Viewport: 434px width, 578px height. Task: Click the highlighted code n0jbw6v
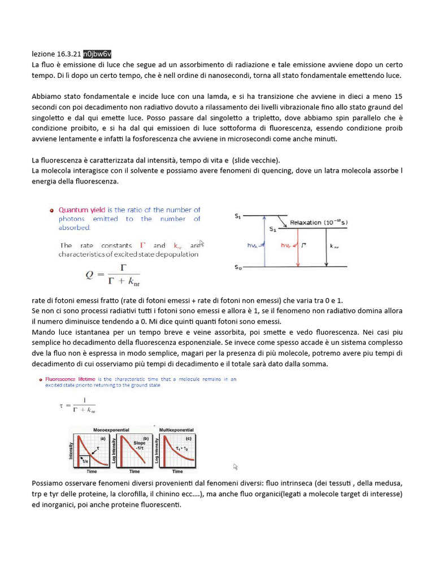[98, 54]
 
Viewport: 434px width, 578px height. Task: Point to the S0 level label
[238, 268]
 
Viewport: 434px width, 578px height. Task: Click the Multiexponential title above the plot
[177, 430]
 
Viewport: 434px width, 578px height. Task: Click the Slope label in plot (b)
[140, 443]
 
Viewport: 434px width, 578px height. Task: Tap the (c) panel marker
[188, 439]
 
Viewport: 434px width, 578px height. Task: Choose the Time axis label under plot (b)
[135, 471]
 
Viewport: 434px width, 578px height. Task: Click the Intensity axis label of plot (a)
[71, 450]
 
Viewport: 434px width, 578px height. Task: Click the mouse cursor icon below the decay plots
[236, 467]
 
